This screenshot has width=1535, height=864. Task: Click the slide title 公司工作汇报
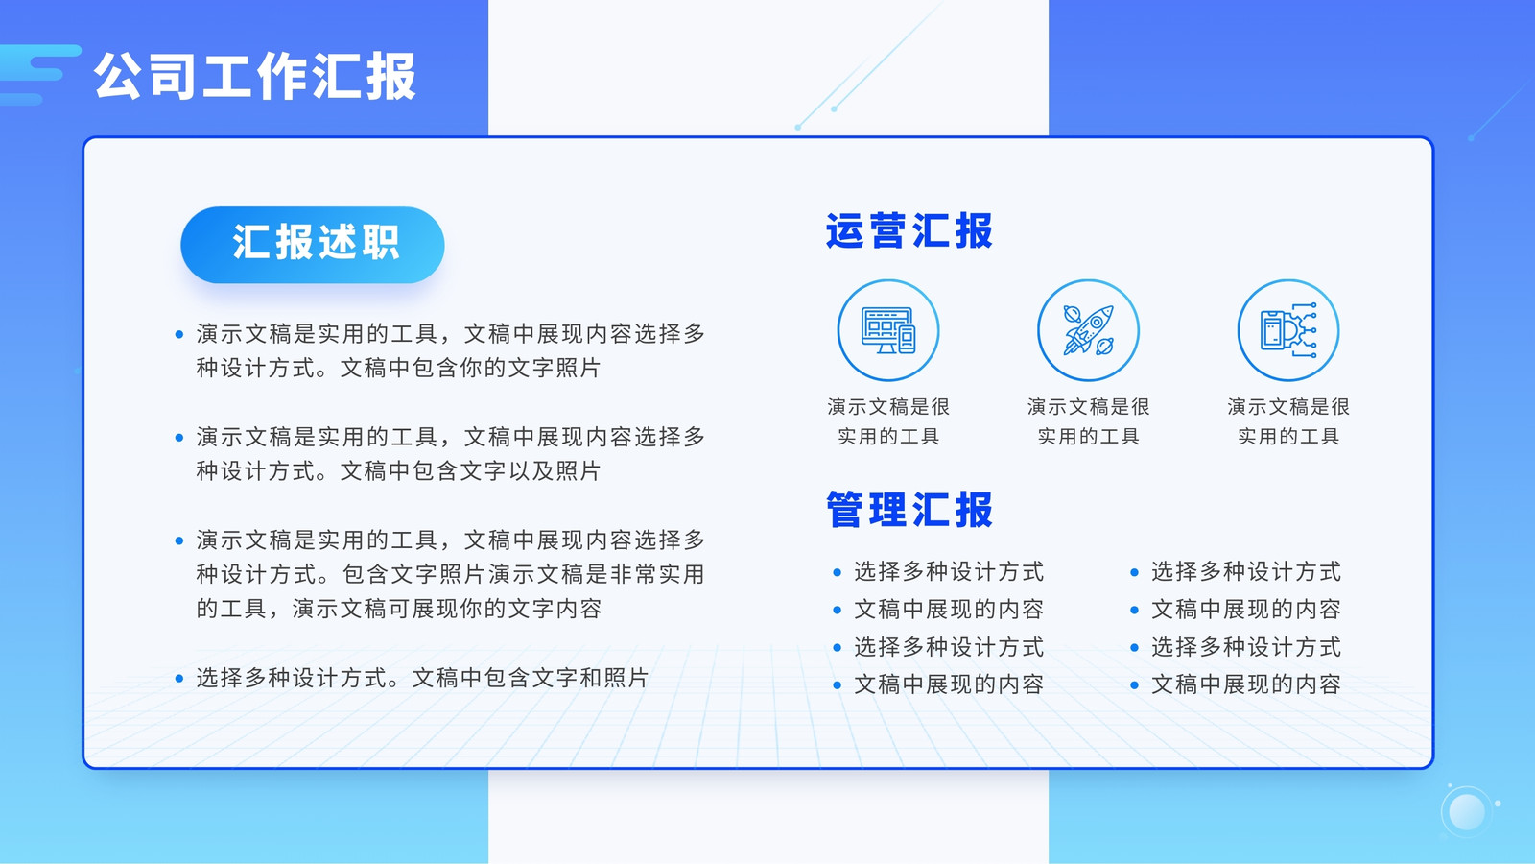click(x=255, y=76)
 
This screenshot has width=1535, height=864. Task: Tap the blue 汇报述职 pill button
click(x=313, y=244)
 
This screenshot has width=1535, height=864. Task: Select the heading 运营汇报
click(x=909, y=231)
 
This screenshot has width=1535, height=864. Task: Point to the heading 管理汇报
click(x=909, y=510)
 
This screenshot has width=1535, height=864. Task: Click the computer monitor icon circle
click(x=888, y=330)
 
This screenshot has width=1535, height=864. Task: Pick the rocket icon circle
click(x=1088, y=330)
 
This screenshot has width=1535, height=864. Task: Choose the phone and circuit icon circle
click(x=1288, y=330)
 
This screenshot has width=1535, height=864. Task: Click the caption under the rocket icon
click(x=1088, y=421)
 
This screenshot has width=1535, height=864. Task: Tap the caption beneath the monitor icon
click(x=888, y=421)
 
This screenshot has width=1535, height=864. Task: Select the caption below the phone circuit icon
click(x=1288, y=421)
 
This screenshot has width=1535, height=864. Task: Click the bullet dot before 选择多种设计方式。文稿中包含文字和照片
click(x=179, y=679)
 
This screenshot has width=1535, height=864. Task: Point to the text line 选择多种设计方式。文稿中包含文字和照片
click(x=422, y=678)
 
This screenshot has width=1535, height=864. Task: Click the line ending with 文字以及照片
click(x=398, y=471)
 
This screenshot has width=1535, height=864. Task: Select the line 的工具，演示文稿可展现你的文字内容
click(x=399, y=609)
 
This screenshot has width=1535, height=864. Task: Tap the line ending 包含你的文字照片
click(x=398, y=369)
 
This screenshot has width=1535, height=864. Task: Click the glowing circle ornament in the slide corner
click(x=1467, y=812)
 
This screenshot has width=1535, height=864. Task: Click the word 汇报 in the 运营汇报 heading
click(x=953, y=231)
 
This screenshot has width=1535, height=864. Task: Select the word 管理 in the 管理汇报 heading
click(x=867, y=510)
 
